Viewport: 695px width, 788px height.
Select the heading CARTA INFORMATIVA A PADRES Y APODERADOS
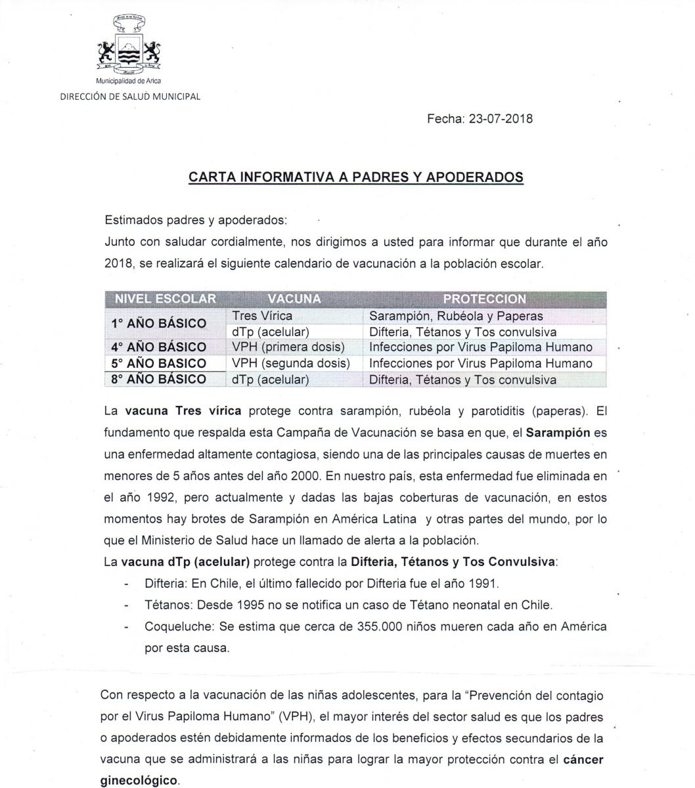pos(355,177)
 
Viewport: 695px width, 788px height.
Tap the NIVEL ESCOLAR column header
pos(166,299)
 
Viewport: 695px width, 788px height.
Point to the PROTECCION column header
pos(484,299)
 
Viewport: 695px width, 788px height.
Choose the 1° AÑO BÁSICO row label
pos(158,323)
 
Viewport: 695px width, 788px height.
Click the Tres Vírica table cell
pos(262,316)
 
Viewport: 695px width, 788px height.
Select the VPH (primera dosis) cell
pos(288,347)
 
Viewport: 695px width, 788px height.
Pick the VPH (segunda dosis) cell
pos(291,363)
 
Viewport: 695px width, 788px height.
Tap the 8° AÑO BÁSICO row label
pos(158,379)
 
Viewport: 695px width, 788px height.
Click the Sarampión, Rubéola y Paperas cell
pos(456,316)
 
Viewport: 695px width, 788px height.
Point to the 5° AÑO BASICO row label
pos(158,363)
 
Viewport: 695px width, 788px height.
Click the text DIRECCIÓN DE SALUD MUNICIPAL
pos(130,97)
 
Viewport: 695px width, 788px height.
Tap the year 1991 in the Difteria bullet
pos(485,582)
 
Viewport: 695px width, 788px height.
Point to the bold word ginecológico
pos(139,781)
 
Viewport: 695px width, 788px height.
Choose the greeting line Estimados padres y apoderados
pos(196,219)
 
